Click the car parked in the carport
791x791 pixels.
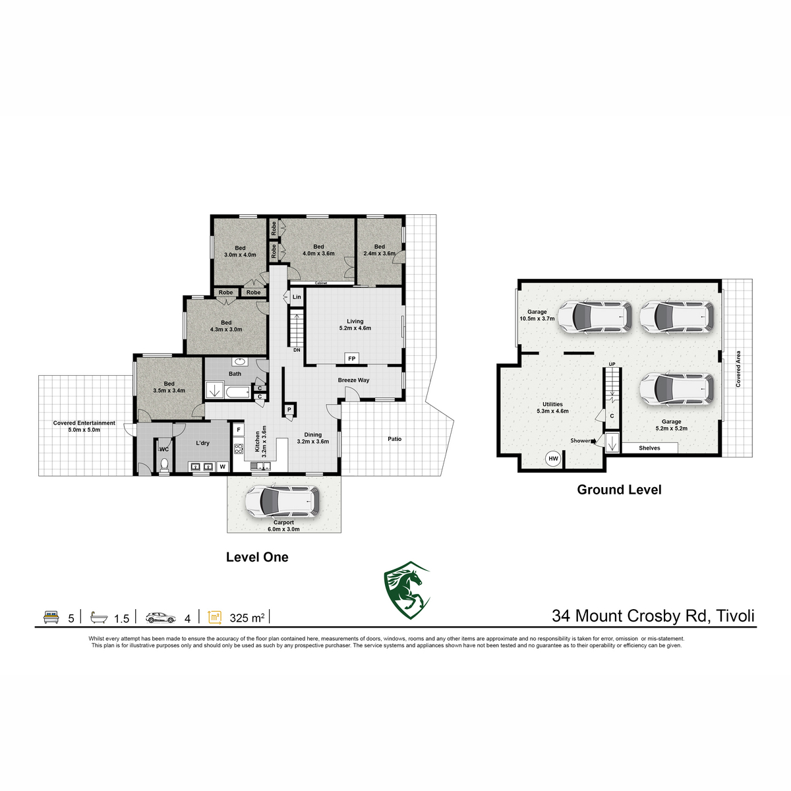(x=282, y=501)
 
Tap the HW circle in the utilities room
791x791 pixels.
(x=553, y=459)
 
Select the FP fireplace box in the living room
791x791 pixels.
(x=352, y=359)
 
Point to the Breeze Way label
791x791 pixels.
(x=353, y=380)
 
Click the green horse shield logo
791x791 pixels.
(x=407, y=590)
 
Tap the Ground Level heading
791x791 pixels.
(x=619, y=490)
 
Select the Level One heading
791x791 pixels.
(x=257, y=557)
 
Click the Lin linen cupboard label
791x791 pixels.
(x=297, y=297)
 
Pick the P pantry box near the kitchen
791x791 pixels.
(x=289, y=409)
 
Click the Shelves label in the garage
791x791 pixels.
(x=649, y=448)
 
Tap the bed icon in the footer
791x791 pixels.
(x=51, y=618)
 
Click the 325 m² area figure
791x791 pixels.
(x=247, y=618)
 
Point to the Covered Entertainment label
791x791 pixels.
(x=84, y=423)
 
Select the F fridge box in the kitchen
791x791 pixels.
(x=239, y=430)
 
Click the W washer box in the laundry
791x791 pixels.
(x=223, y=467)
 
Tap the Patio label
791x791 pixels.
(x=394, y=439)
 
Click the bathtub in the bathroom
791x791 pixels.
(x=238, y=392)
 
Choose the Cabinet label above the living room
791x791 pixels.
(x=321, y=283)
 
